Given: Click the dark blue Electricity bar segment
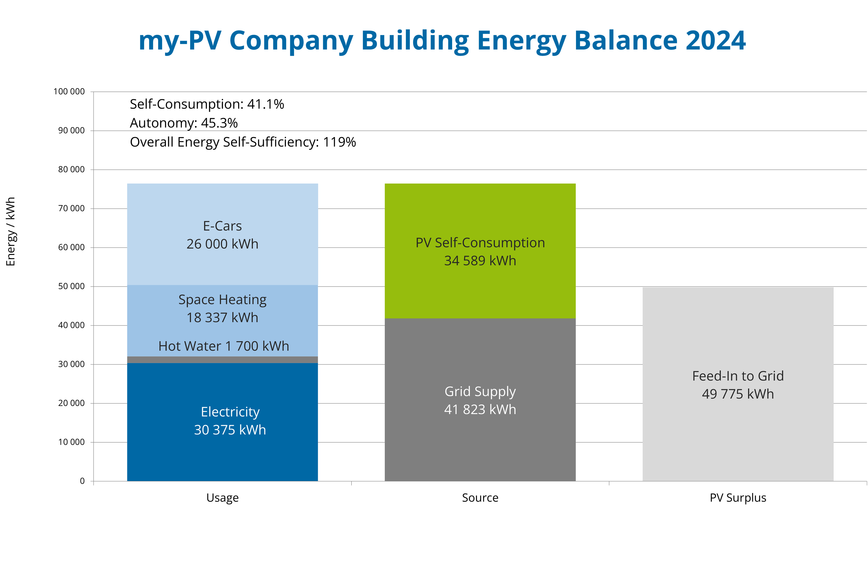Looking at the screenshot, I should pyautogui.click(x=222, y=455).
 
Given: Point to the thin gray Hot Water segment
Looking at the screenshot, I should pyautogui.click(x=222, y=360).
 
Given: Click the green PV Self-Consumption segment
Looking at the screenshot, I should pyautogui.click(x=480, y=211).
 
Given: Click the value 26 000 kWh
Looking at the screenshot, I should pyautogui.click(x=222, y=244).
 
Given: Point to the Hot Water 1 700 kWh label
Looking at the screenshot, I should pyautogui.click(x=224, y=346).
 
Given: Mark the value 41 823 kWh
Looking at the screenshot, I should pyautogui.click(x=480, y=410).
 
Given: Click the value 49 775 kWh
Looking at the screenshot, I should pyautogui.click(x=738, y=394).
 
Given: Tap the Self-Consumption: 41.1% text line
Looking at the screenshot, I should pyautogui.click(x=207, y=104).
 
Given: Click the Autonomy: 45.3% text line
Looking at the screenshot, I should pyautogui.click(x=184, y=123).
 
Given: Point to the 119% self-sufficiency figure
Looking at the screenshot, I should pyautogui.click(x=339, y=142).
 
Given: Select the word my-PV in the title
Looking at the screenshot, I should pyautogui.click(x=180, y=41).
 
